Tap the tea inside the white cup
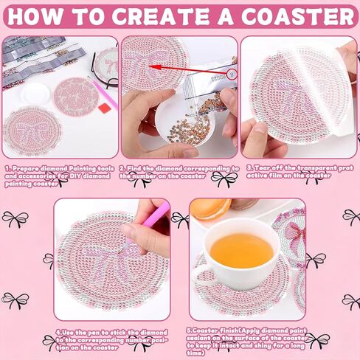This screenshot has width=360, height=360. point(241,250)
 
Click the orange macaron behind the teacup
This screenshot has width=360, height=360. point(210,207)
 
